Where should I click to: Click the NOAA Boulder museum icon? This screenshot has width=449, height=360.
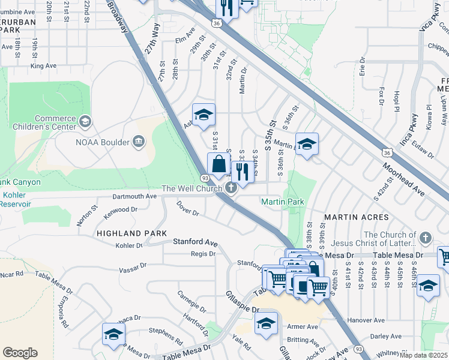[139, 142]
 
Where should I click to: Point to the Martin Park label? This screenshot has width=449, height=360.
[283, 202]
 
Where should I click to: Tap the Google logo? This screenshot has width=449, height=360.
[20, 353]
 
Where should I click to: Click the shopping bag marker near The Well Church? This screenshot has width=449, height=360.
[219, 163]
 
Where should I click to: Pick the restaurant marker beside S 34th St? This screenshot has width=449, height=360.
[243, 172]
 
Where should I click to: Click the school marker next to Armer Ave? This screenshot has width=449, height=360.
[266, 323]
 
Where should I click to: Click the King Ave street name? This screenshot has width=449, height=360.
[43, 65]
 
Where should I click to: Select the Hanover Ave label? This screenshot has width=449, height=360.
[382, 320]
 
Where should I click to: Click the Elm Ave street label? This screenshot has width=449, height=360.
[185, 40]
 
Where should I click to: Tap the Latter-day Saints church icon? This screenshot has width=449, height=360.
[426, 238]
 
